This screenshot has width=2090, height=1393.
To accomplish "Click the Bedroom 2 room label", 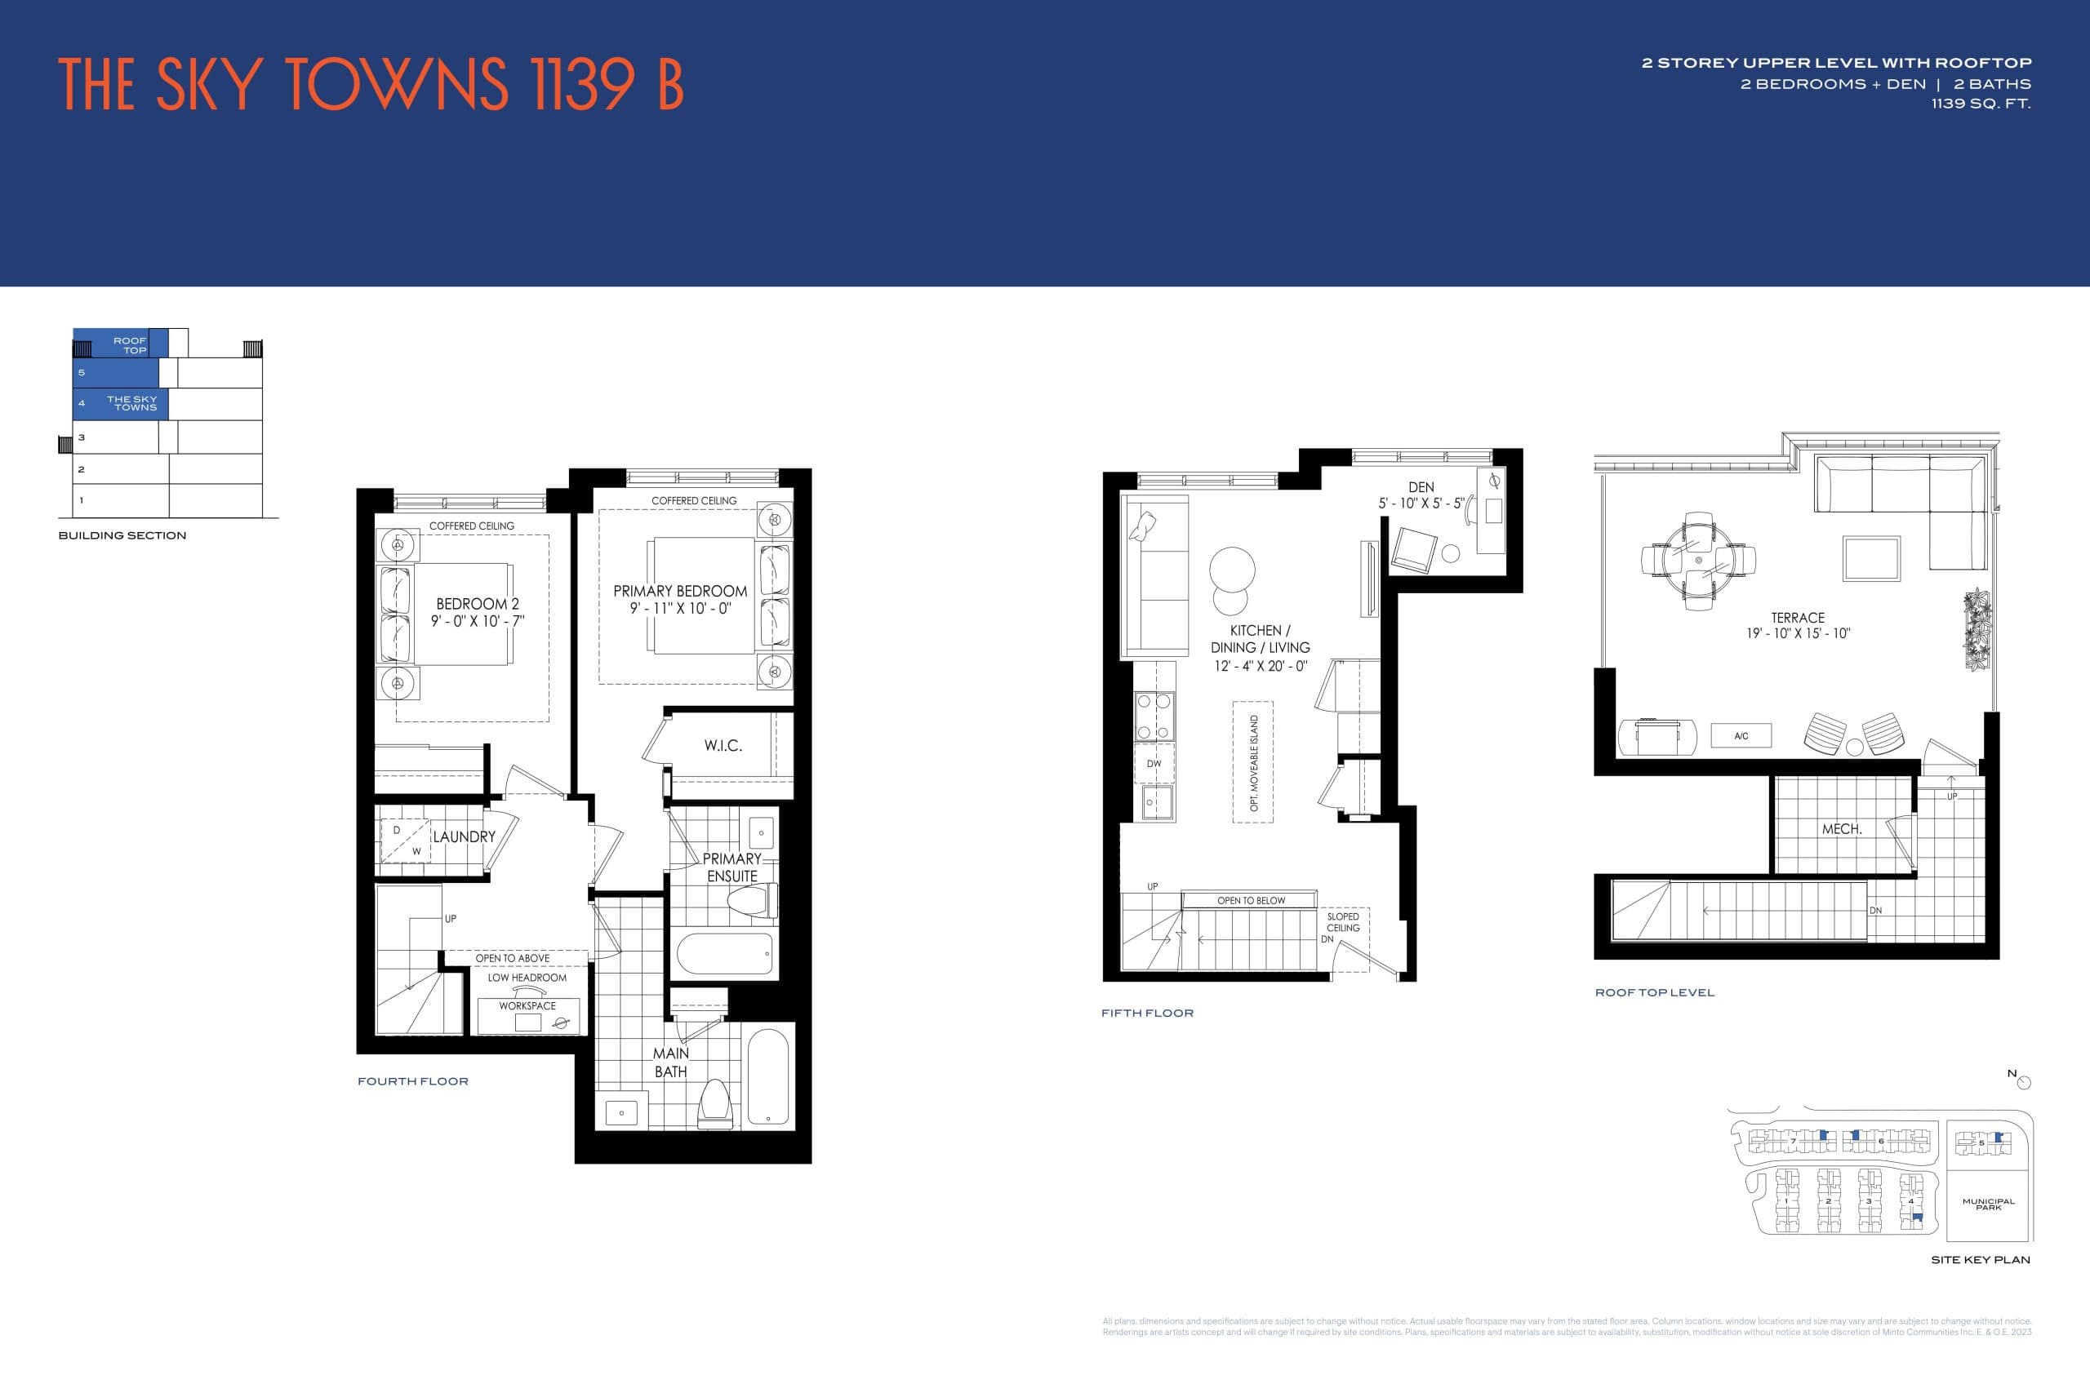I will click(x=477, y=604).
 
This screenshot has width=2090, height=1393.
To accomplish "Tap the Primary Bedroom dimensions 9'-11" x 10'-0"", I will click(x=680, y=609).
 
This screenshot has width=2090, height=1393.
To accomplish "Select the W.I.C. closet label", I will click(x=723, y=745).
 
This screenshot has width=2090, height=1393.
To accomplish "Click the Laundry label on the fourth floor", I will click(x=464, y=837).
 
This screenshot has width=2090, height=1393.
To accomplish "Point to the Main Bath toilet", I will click(x=716, y=1102).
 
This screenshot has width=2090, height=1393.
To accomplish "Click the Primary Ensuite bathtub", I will click(x=724, y=954).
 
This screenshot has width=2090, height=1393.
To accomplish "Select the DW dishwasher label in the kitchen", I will click(x=1154, y=764).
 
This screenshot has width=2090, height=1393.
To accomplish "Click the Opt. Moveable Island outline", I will click(x=1253, y=762).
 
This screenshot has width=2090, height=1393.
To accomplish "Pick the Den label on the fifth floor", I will click(x=1421, y=487).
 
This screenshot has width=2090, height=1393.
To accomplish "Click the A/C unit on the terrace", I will click(x=1741, y=735).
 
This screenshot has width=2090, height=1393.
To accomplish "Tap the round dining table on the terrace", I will click(x=1698, y=561).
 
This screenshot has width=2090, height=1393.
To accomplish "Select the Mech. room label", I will click(x=1841, y=829).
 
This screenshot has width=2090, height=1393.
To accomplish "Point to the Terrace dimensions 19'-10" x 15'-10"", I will click(x=1798, y=633).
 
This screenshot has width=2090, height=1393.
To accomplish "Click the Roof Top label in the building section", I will click(x=130, y=344).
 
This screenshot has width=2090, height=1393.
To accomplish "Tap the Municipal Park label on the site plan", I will click(x=1988, y=1204).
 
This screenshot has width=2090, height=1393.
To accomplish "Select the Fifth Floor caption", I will click(x=1147, y=1013).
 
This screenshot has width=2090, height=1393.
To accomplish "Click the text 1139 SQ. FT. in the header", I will click(x=1981, y=104).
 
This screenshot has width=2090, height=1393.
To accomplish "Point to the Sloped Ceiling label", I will click(x=1343, y=922).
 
